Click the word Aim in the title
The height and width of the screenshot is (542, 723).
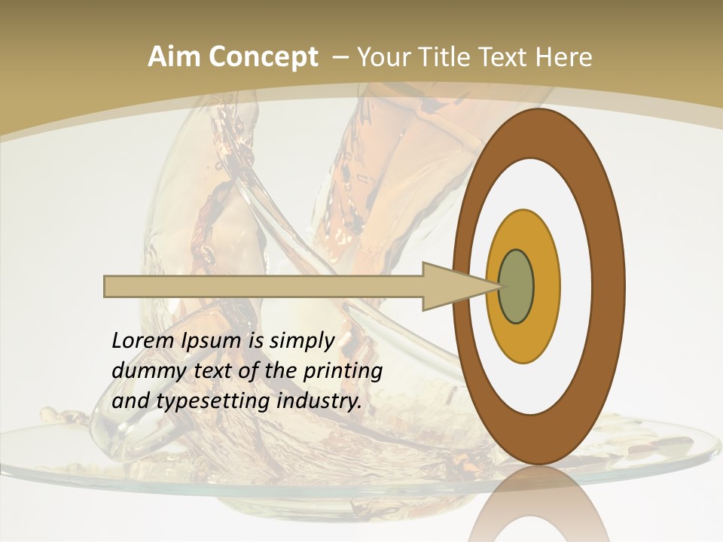click(172, 57)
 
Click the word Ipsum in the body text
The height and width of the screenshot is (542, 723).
click(212, 341)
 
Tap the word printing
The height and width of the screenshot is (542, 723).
click(343, 371)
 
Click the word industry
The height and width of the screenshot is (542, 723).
click(319, 401)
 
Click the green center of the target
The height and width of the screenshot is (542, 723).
click(517, 287)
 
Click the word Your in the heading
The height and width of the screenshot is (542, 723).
click(382, 57)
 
